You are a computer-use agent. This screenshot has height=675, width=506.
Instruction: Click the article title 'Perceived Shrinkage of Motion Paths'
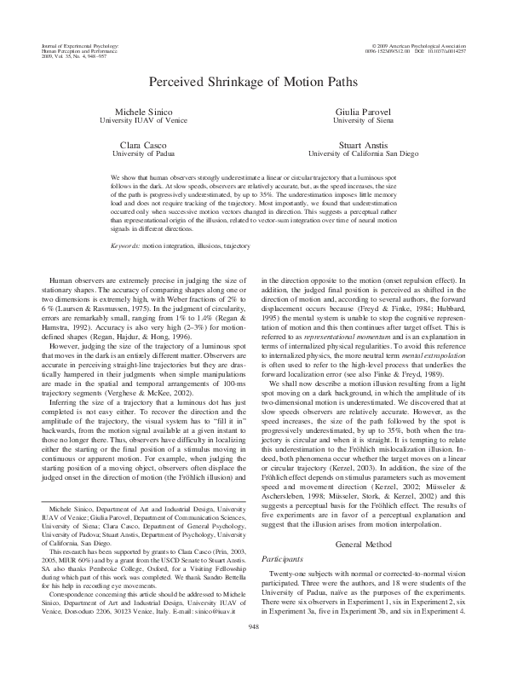[x=252, y=81]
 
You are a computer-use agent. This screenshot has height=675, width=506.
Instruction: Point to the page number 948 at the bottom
[x=252, y=650]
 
